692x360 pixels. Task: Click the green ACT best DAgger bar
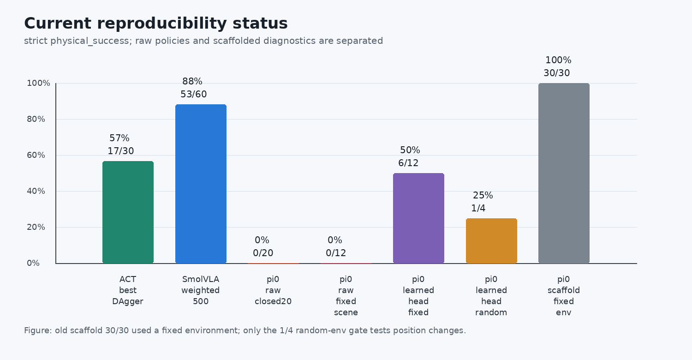click(128, 212)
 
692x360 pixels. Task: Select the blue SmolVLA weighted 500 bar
click(201, 184)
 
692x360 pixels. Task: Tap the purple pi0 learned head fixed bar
click(418, 218)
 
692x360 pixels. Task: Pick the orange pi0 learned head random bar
click(491, 241)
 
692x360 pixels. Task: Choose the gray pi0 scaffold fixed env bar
click(564, 174)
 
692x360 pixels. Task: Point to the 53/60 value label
click(194, 94)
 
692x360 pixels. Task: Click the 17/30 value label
click(121, 151)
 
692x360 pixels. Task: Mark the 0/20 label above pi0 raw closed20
click(263, 253)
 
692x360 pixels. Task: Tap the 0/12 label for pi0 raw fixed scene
click(336, 253)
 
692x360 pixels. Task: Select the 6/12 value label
click(408, 163)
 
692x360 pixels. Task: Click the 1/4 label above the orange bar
click(478, 208)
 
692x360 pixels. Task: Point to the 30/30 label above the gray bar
click(557, 73)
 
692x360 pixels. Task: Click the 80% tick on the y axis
click(36, 119)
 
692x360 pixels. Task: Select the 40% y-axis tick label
click(36, 191)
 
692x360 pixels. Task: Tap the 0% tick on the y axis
click(33, 263)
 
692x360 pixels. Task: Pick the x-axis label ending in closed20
click(273, 290)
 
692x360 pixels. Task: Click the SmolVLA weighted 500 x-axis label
click(201, 290)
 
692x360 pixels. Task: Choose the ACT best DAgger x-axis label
click(128, 290)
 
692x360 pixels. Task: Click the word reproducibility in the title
click(162, 24)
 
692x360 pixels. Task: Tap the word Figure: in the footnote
click(38, 330)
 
